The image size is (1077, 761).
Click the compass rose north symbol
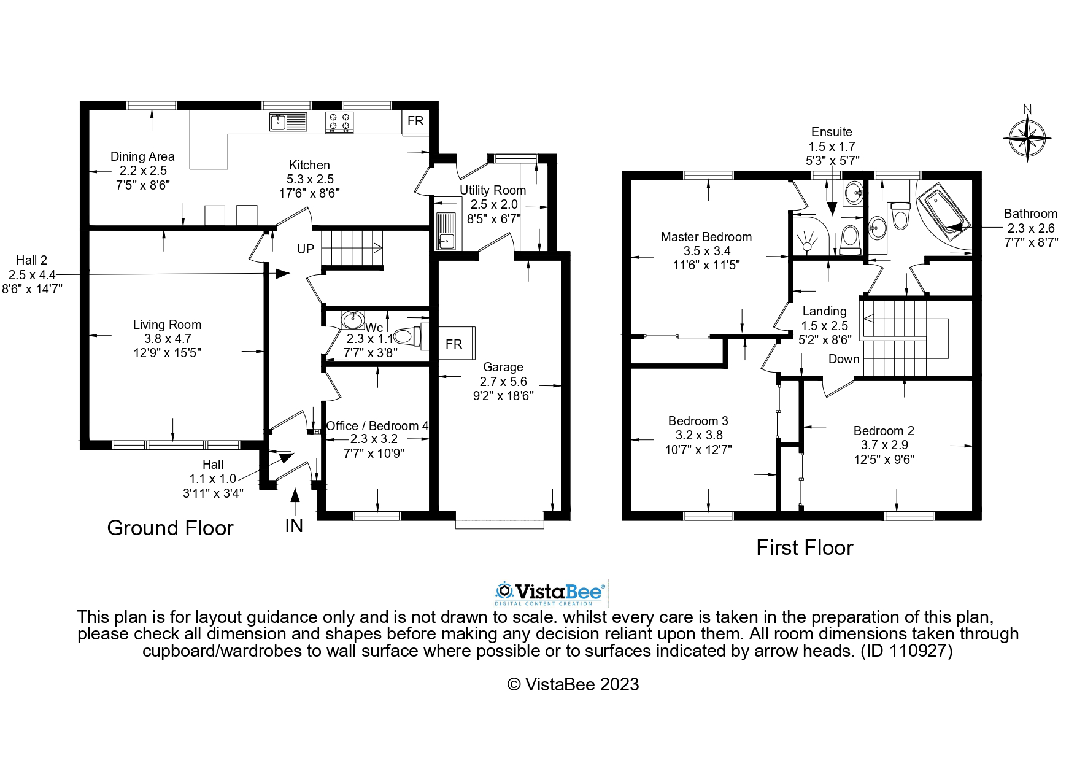1027,137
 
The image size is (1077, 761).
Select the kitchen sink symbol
288,122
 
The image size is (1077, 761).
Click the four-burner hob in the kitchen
339,122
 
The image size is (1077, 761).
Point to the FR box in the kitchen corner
415,121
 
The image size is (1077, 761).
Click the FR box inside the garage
454,344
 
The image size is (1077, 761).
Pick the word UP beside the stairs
306,249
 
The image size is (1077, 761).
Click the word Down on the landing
844,359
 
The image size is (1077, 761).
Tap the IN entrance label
294,526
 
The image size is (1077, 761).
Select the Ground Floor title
170,528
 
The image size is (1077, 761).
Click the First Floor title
804,547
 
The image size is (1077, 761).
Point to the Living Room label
167,325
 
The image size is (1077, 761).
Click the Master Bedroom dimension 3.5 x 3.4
706,251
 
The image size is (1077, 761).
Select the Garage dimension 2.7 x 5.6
503,382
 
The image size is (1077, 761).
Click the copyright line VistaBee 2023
573,684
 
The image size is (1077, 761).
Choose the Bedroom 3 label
698,421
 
